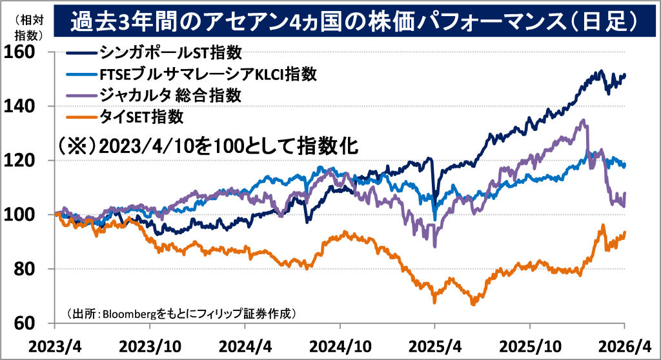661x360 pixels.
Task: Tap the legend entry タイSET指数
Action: click(x=142, y=117)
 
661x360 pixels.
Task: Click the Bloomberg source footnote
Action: click(x=181, y=314)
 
